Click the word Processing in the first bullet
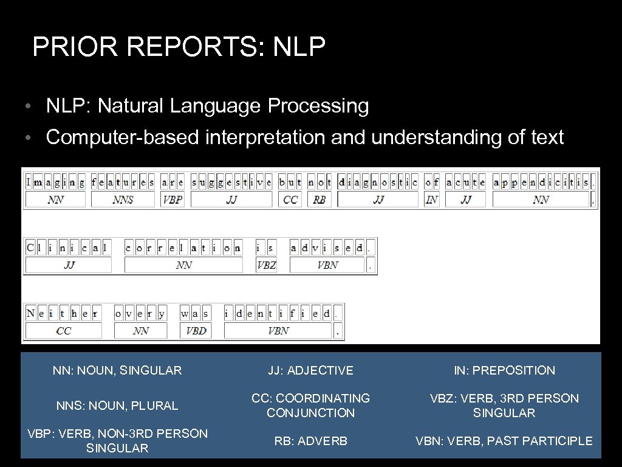(318, 106)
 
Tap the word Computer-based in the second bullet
(122, 137)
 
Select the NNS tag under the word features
(123, 199)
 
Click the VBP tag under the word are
(173, 199)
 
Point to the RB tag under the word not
(320, 199)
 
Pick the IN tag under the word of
(432, 199)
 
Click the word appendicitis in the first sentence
(541, 182)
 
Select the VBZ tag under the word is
(266, 265)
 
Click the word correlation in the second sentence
(183, 247)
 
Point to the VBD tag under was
(196, 331)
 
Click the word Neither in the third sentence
(62, 314)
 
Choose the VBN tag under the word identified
(278, 331)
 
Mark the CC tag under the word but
(290, 199)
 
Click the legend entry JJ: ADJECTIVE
(311, 370)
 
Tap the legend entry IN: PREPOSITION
(504, 370)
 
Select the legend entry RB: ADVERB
(311, 441)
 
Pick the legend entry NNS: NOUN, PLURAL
(117, 406)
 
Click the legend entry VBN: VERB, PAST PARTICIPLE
(504, 441)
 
